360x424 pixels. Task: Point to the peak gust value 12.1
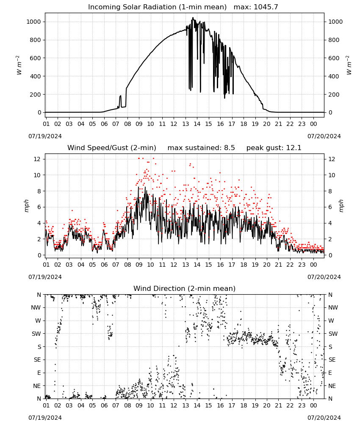pyautogui.click(x=294, y=148)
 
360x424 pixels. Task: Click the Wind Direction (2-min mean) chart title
pyautogui.click(x=185, y=288)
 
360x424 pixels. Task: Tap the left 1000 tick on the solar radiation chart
pyautogui.click(x=34, y=22)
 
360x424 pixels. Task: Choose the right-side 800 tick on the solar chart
pyautogui.click(x=334, y=40)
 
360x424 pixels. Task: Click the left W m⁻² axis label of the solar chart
pyautogui.click(x=19, y=65)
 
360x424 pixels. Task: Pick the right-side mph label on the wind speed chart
pyautogui.click(x=341, y=206)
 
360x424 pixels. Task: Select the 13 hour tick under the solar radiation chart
pyautogui.click(x=186, y=124)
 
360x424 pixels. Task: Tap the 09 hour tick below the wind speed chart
pyautogui.click(x=139, y=265)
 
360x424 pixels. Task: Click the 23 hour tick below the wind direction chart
pyautogui.click(x=302, y=406)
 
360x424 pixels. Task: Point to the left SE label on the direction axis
pyautogui.click(x=37, y=360)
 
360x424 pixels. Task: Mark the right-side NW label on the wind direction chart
pyautogui.click(x=333, y=307)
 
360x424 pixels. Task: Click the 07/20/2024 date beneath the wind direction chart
pyautogui.click(x=324, y=418)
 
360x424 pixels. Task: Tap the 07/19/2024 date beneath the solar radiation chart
pyautogui.click(x=45, y=136)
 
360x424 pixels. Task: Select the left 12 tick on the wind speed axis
pyautogui.click(x=37, y=159)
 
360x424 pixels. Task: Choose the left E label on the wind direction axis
pyautogui.click(x=39, y=373)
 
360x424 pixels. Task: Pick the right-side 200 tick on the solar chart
pyautogui.click(x=334, y=95)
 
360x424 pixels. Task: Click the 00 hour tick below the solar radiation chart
pyautogui.click(x=313, y=124)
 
